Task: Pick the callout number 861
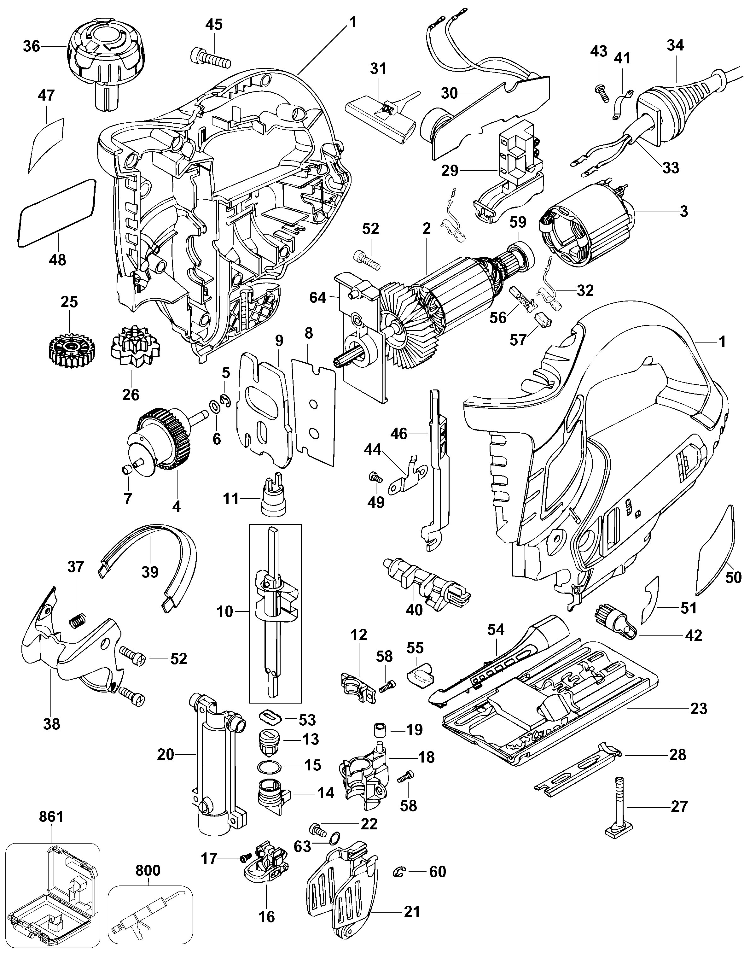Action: pyautogui.click(x=51, y=817)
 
